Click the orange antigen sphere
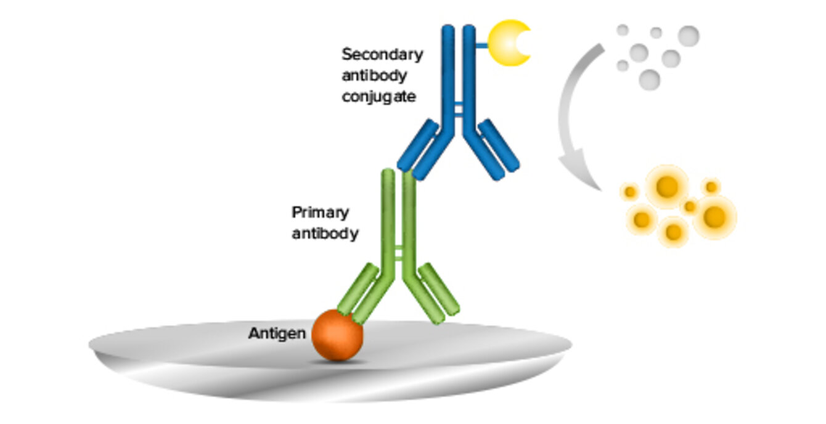(x=337, y=335)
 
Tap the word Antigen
(x=277, y=333)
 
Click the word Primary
(x=320, y=213)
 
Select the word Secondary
(x=382, y=54)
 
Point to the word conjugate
(x=378, y=97)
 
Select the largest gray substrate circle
(x=689, y=36)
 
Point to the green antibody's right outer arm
(x=440, y=288)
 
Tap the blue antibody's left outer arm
(x=417, y=146)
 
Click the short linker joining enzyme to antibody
(x=481, y=43)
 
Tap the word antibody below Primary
(x=325, y=234)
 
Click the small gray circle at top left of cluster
(x=623, y=30)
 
